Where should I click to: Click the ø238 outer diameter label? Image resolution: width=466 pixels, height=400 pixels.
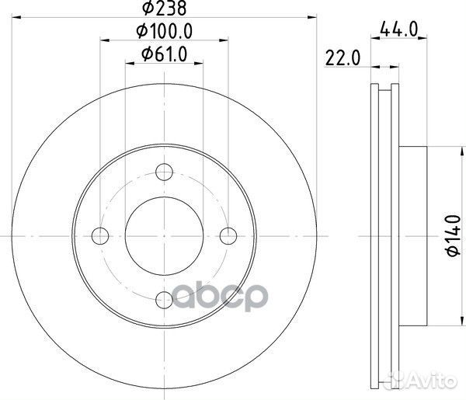click(x=165, y=8)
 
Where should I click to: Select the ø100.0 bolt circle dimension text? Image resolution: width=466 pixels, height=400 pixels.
click(x=165, y=31)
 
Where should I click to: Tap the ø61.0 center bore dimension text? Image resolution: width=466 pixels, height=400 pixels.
click(x=165, y=54)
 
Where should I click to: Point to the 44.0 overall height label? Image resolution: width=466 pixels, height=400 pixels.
click(x=399, y=29)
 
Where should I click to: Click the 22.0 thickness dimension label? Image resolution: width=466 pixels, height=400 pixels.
click(x=343, y=57)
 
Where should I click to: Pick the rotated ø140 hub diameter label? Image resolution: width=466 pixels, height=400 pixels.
click(x=454, y=235)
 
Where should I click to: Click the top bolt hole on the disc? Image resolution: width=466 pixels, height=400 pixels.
click(x=165, y=172)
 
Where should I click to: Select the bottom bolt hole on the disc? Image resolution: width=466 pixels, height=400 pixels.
click(x=165, y=300)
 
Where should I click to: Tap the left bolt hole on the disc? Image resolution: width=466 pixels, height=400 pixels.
click(x=100, y=236)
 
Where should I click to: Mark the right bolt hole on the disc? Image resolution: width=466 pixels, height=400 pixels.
click(x=228, y=236)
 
